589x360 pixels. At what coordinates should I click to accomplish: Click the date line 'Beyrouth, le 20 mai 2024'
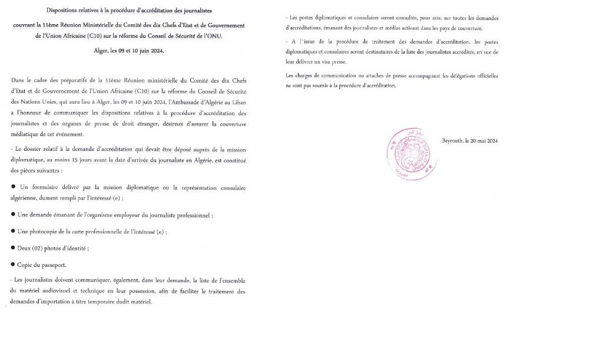(470, 140)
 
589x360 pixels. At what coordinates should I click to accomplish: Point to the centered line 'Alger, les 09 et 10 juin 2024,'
(128, 51)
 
